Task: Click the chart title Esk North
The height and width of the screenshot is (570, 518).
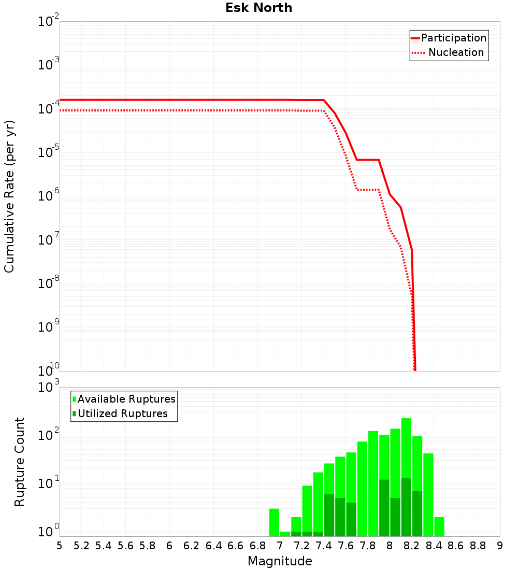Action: (x=258, y=8)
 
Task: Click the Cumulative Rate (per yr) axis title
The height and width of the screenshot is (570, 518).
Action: (x=9, y=196)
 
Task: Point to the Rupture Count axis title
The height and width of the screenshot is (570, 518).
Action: (x=20, y=461)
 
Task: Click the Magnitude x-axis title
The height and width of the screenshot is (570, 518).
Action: (x=280, y=561)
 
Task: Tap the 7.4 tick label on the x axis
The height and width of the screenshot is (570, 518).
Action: (x=324, y=546)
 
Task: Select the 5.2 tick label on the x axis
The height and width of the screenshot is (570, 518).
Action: (x=81, y=546)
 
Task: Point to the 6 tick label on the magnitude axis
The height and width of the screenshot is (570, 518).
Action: (x=169, y=546)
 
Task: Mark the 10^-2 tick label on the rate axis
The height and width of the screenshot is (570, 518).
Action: (x=49, y=22)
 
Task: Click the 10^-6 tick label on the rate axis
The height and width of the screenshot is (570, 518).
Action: (x=49, y=196)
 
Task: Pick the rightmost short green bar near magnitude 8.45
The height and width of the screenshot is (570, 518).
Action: (x=439, y=526)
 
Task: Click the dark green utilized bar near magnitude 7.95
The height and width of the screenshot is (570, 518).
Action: (x=384, y=508)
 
